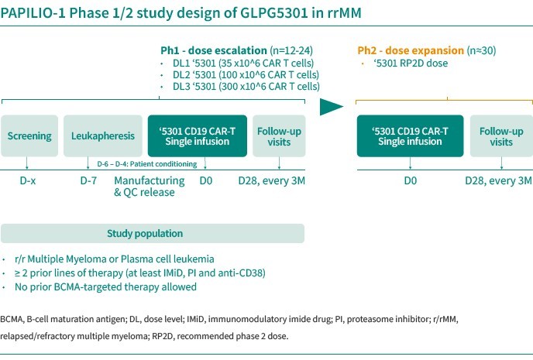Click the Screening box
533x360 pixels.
point(29,136)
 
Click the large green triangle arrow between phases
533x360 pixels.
point(332,107)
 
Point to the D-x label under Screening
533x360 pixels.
point(27,181)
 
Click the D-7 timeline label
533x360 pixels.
point(90,181)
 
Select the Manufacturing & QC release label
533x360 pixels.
point(149,187)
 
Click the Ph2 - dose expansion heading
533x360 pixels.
point(412,50)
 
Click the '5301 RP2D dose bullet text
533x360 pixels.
point(410,63)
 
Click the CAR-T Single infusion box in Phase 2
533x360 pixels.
point(410,136)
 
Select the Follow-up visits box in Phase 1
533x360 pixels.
point(279,136)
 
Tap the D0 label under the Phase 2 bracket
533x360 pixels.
point(410,181)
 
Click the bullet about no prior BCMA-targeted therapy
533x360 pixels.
point(105,286)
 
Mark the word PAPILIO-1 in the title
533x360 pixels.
point(29,13)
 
